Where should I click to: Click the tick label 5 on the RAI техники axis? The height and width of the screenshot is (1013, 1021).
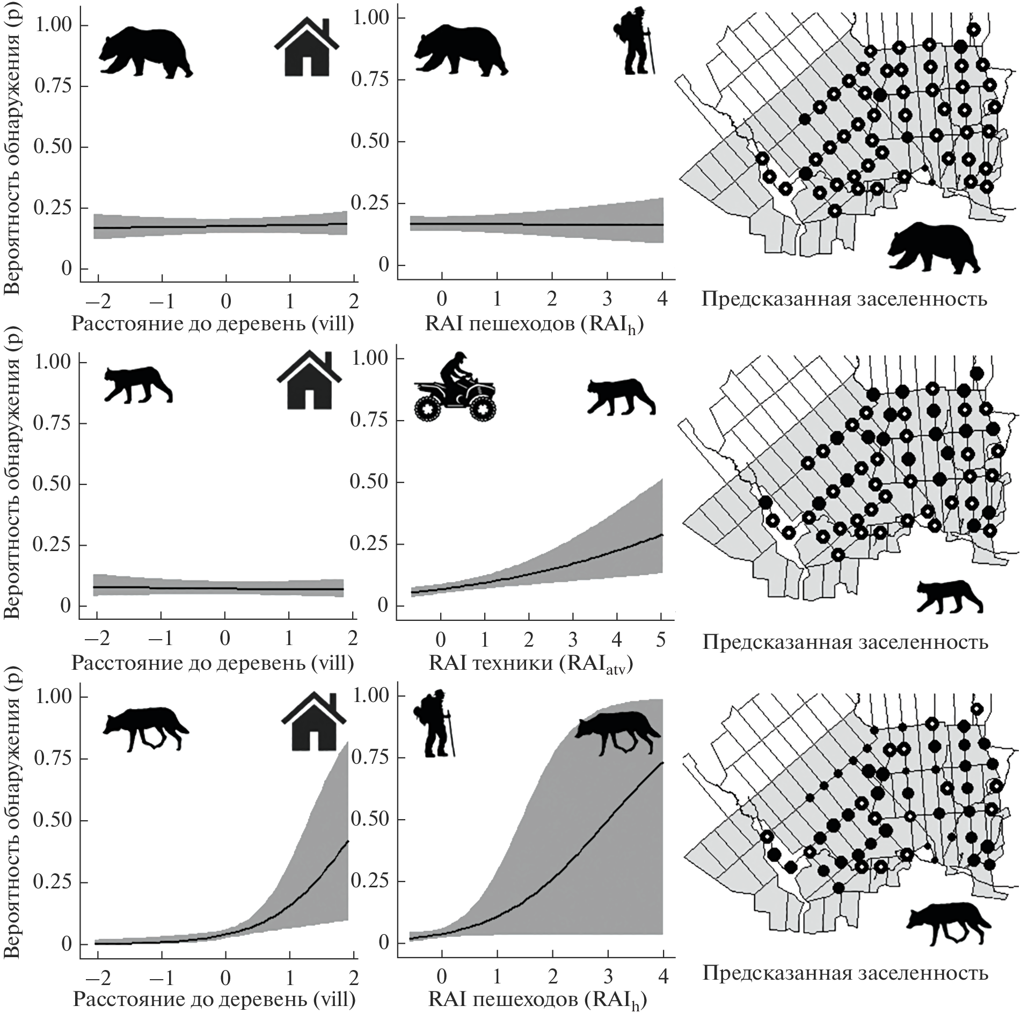pyautogui.click(x=661, y=640)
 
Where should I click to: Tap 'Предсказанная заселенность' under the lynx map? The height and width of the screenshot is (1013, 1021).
pyautogui.click(x=845, y=642)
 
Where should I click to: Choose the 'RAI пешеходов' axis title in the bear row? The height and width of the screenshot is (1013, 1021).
pyautogui.click(x=534, y=324)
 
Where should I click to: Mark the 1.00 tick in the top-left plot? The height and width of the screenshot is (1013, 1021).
pyautogui.click(x=53, y=26)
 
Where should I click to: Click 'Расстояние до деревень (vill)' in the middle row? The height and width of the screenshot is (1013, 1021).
pyautogui.click(x=213, y=664)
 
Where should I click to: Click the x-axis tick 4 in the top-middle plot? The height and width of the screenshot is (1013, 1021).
pyautogui.click(x=662, y=299)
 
